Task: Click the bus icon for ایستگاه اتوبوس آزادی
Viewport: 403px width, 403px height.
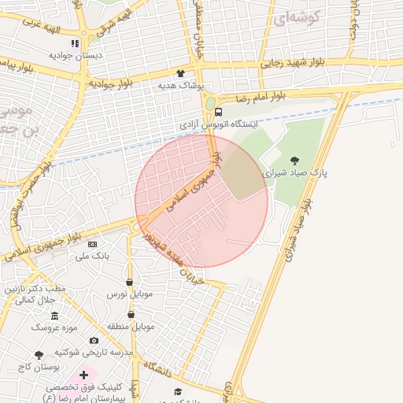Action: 220,112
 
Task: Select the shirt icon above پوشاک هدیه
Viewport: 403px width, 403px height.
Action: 180,72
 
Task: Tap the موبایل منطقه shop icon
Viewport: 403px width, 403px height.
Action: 129,314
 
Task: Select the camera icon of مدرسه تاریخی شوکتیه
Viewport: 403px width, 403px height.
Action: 94,340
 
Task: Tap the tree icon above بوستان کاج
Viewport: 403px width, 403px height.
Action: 39,356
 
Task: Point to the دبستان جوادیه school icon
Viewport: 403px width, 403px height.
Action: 75,43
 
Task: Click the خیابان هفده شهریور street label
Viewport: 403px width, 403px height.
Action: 180,261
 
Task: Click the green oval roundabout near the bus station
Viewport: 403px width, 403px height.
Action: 210,103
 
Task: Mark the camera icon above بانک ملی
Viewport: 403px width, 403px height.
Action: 91,244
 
